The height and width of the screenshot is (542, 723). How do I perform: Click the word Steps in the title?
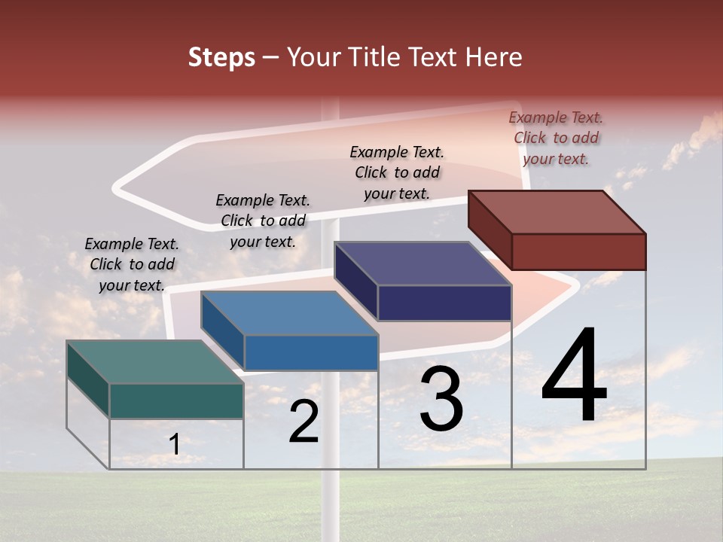click(x=221, y=57)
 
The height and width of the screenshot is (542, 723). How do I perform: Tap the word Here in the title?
click(x=493, y=57)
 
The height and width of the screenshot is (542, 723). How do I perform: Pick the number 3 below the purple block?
click(x=441, y=399)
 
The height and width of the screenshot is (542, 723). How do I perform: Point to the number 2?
click(x=304, y=422)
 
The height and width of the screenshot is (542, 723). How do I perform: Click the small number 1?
click(x=175, y=445)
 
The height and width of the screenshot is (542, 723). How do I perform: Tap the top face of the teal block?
click(x=154, y=362)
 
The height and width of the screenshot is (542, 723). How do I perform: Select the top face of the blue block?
click(x=289, y=313)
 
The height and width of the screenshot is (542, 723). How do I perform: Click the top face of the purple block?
click(x=423, y=263)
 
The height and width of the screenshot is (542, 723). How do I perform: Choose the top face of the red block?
click(x=557, y=212)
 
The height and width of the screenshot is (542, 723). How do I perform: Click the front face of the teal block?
click(x=176, y=400)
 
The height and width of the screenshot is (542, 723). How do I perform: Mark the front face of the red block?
click(x=578, y=251)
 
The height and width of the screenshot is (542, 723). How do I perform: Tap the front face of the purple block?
click(x=444, y=303)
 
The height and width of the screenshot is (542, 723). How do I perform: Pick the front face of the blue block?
click(x=310, y=352)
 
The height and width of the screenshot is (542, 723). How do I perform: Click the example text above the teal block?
click(x=132, y=264)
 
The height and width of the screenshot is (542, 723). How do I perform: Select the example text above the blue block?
click(x=263, y=221)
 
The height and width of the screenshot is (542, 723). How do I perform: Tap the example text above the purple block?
click(x=397, y=172)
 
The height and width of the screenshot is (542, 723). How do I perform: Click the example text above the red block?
click(x=556, y=138)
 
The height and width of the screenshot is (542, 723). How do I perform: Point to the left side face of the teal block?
click(x=88, y=379)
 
